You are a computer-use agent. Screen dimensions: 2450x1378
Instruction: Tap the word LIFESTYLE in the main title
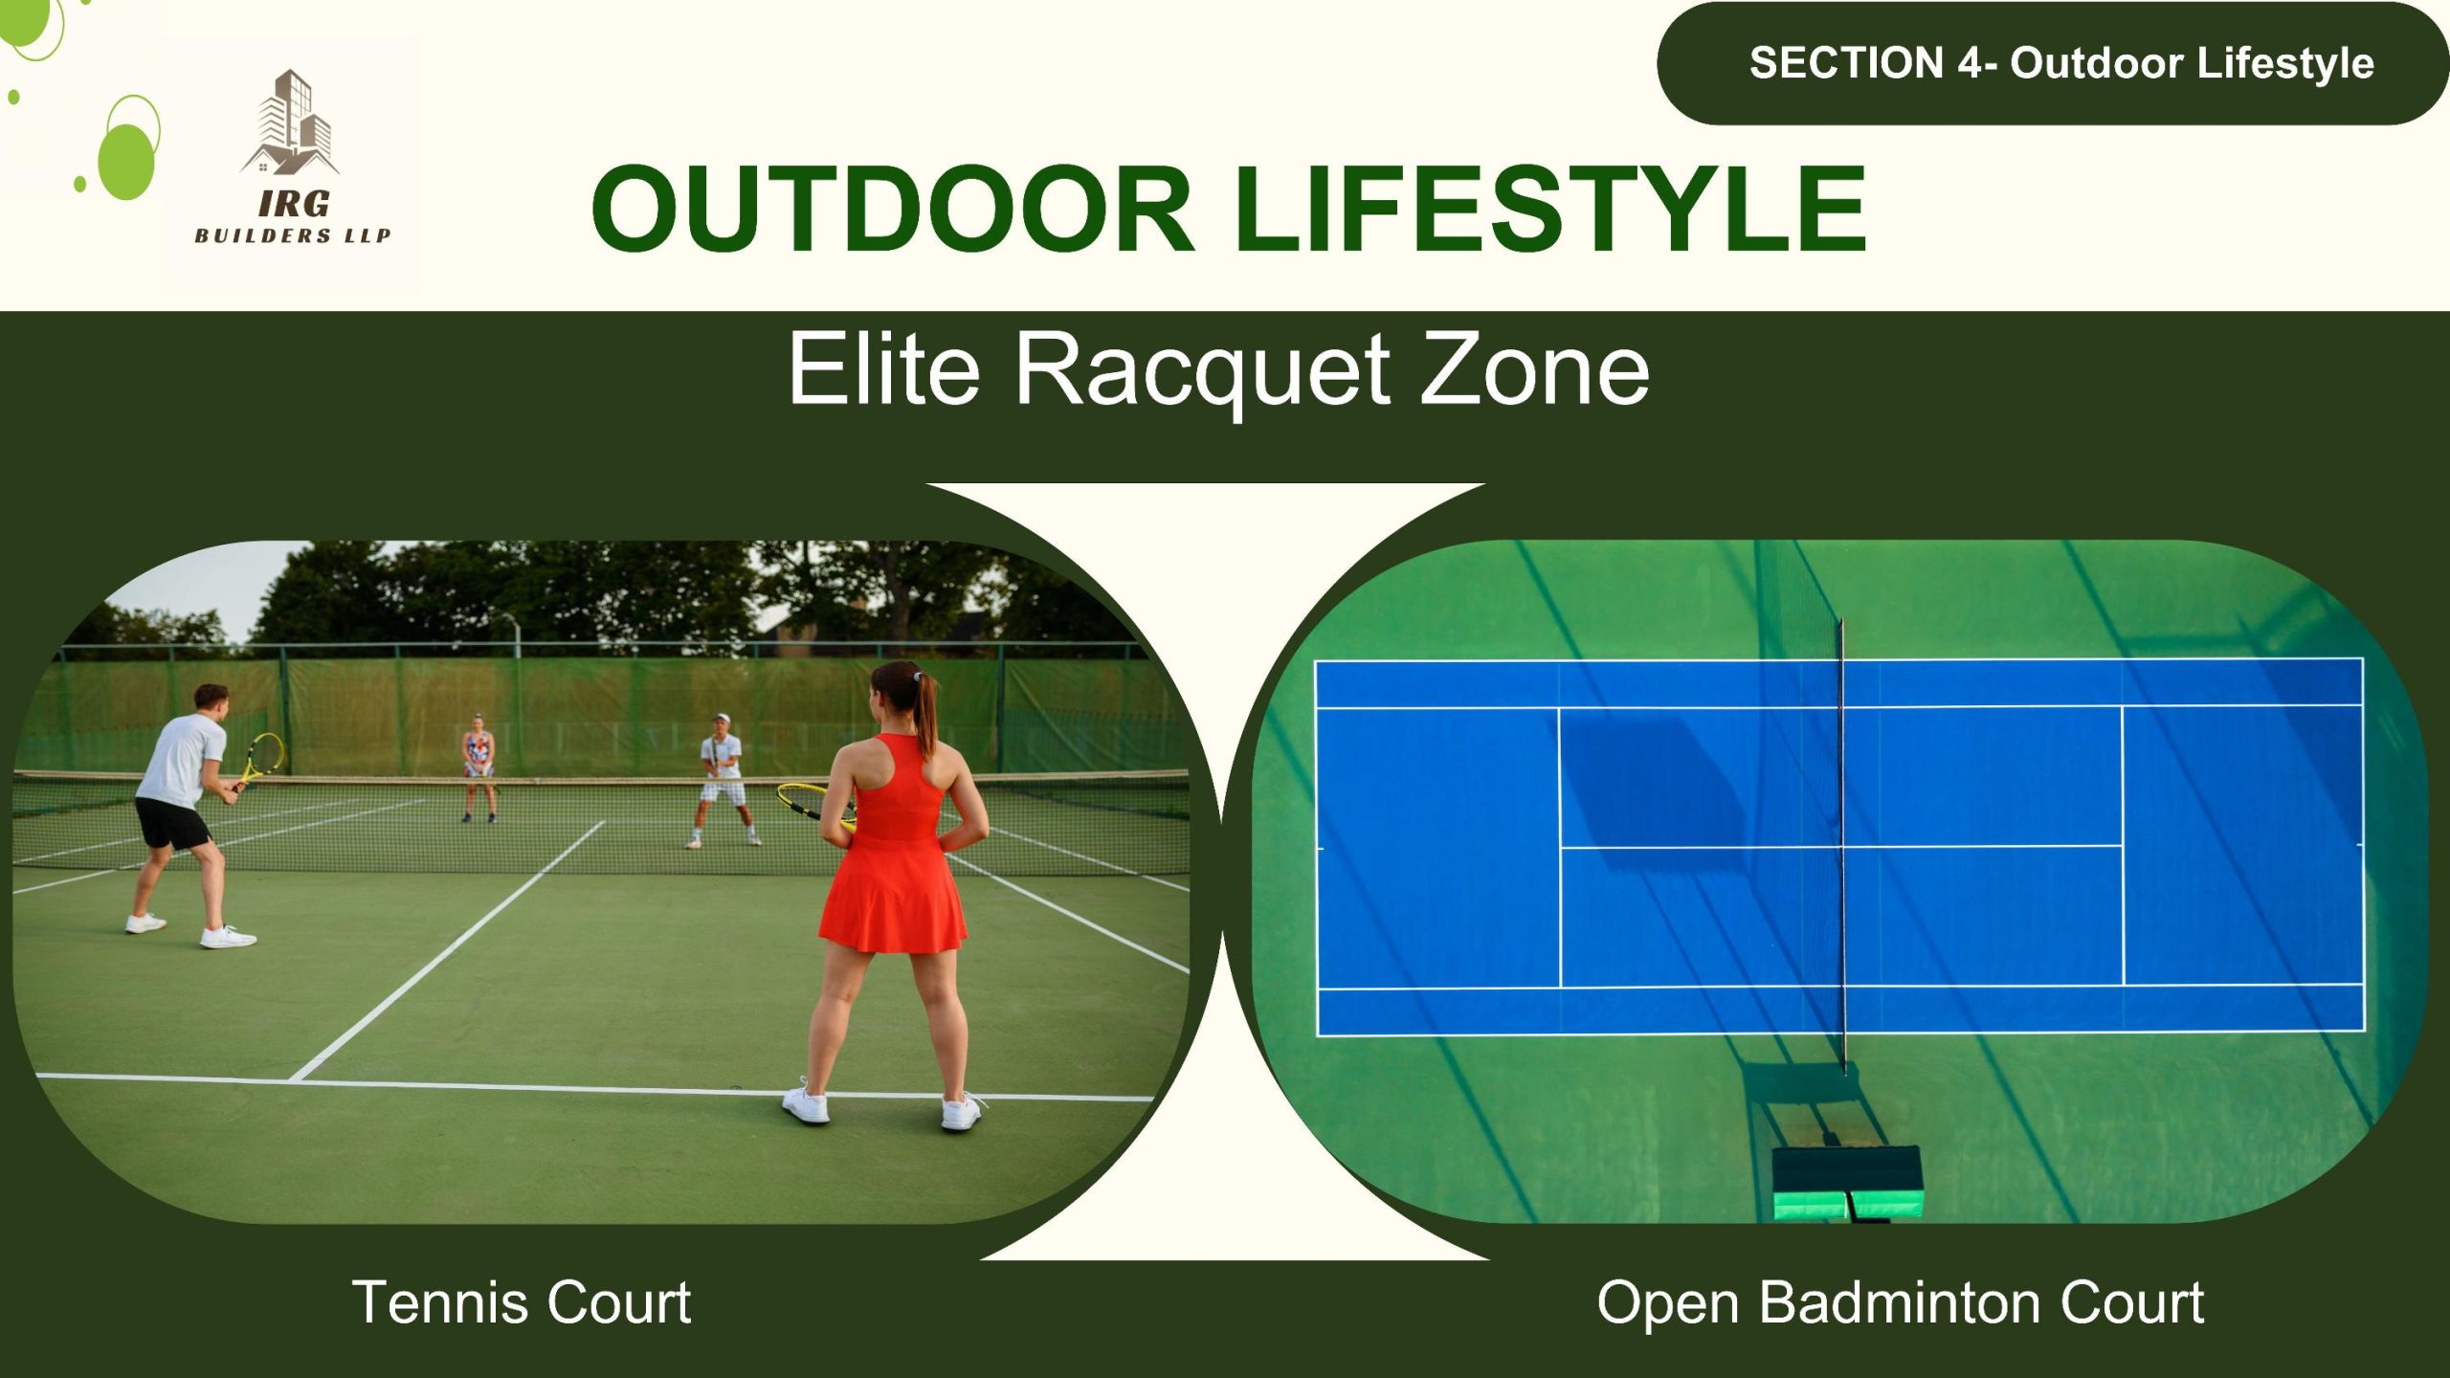[1550, 209]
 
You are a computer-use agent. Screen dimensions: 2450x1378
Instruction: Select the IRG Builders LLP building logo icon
[291, 122]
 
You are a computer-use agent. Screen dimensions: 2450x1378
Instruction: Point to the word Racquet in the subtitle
[1202, 371]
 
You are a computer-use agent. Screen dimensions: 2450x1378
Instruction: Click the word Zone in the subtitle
[1535, 369]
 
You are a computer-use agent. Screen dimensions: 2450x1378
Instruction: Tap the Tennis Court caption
[522, 1302]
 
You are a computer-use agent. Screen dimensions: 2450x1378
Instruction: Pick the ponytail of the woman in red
[925, 713]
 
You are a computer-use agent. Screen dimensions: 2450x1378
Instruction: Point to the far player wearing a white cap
[723, 780]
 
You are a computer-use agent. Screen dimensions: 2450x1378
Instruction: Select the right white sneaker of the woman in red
[961, 1112]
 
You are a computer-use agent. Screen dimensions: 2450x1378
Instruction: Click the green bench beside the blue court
[1847, 1183]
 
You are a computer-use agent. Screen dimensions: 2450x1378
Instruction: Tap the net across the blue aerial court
[1842, 847]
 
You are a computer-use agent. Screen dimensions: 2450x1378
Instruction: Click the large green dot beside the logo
[126, 161]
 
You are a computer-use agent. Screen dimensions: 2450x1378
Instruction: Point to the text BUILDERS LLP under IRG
[293, 235]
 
